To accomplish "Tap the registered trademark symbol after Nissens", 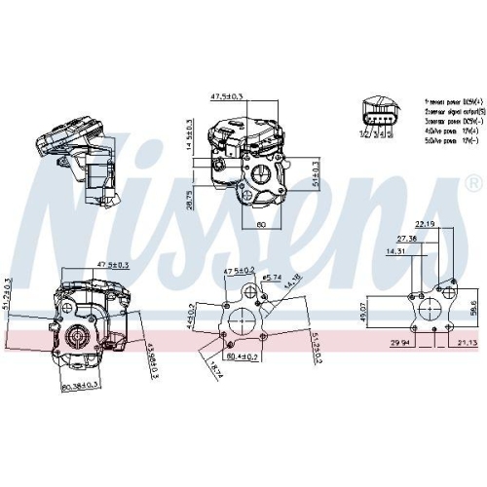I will [x=473, y=181].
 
